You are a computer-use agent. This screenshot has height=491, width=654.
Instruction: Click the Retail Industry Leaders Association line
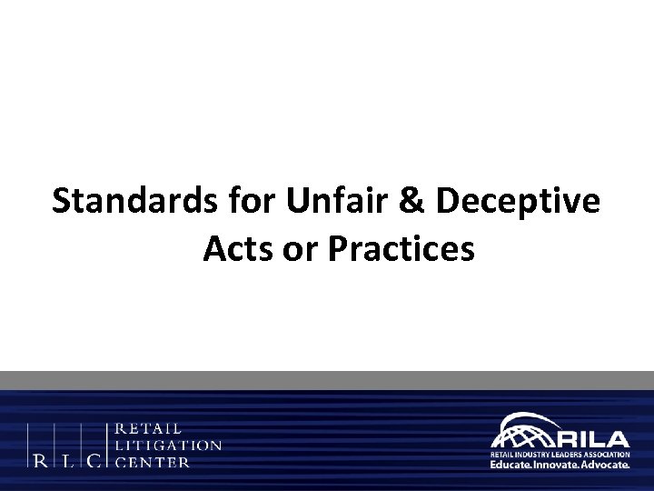[560, 451]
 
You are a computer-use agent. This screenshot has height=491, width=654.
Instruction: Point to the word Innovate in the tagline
[561, 464]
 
